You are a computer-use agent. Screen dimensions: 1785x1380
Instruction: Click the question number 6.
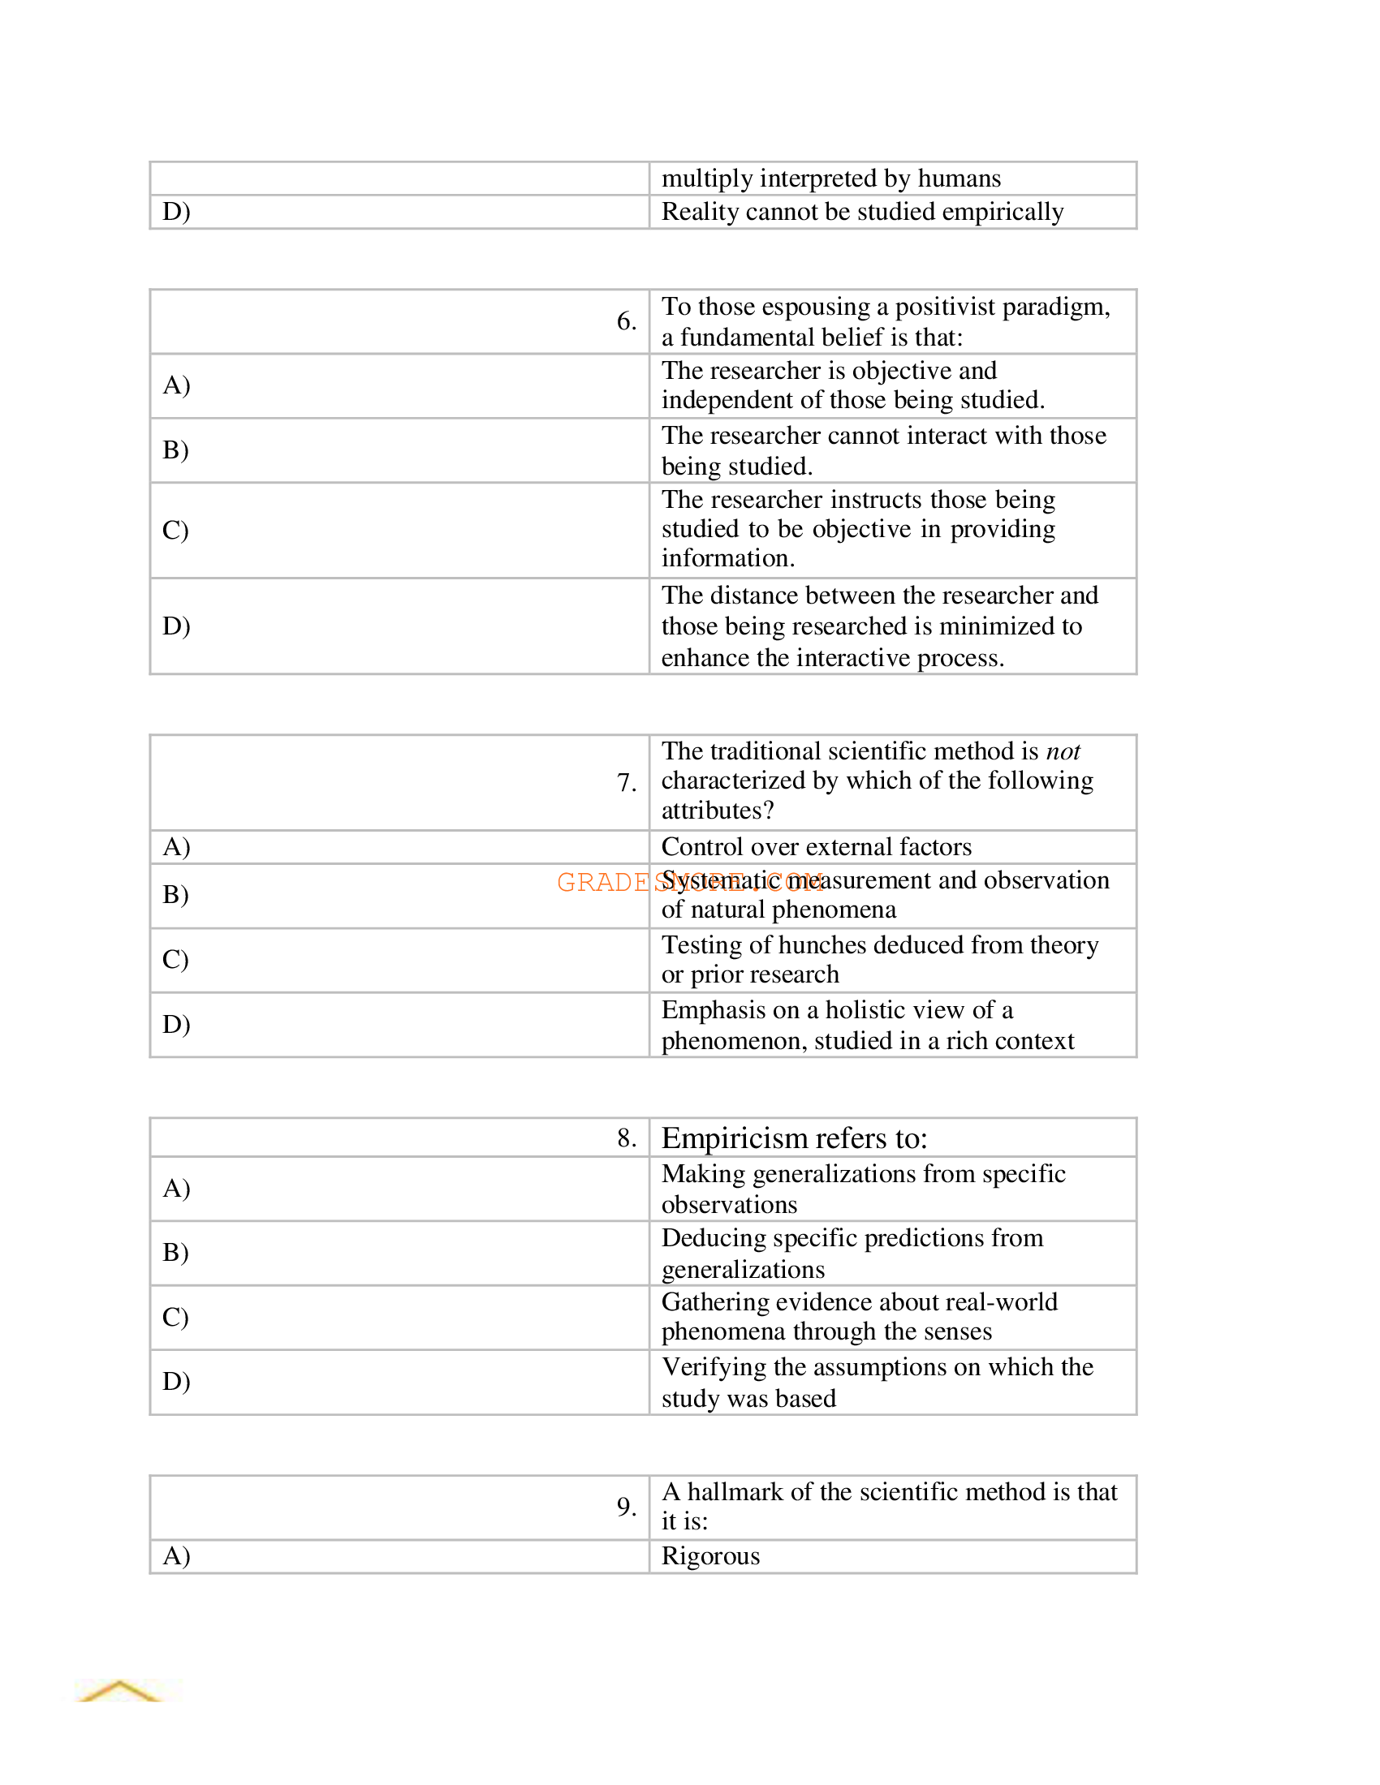625,320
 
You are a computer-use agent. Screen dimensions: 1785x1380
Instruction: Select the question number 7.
625,782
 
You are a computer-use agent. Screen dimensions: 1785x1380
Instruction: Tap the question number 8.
625,1138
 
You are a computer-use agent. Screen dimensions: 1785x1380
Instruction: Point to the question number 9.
625,1507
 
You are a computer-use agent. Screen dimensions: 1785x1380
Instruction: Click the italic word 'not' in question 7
1062,751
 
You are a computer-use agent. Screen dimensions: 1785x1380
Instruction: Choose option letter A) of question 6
176,385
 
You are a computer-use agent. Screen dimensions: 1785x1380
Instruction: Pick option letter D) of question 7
176,1024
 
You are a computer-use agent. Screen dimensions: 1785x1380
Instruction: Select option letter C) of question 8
175,1317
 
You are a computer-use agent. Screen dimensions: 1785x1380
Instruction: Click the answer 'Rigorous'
709,1556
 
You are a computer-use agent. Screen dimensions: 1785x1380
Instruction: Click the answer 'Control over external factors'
816,847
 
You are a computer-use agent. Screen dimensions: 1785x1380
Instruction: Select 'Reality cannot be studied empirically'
861,212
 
